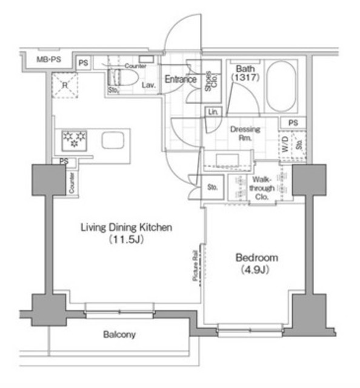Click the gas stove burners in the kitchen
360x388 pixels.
tap(73, 140)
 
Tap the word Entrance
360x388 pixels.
tap(181, 79)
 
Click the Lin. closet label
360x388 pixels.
tap(213, 112)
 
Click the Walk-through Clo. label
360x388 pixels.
tap(262, 188)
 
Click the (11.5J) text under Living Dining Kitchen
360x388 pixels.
tap(127, 240)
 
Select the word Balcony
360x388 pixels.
tap(119, 335)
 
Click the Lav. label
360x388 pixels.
tap(149, 86)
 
